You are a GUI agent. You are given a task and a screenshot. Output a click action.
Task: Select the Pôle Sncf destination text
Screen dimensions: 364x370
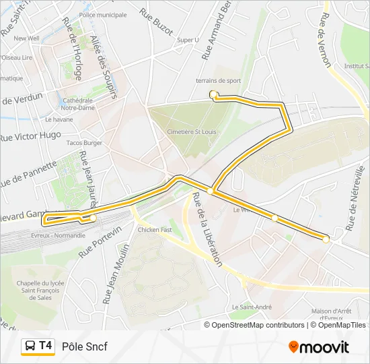tap(84, 346)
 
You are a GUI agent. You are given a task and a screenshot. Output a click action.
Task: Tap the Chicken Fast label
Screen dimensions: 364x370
tap(155, 230)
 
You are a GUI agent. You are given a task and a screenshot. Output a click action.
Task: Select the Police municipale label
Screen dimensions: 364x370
tap(102, 14)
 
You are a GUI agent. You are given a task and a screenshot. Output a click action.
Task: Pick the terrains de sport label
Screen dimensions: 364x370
tap(218, 81)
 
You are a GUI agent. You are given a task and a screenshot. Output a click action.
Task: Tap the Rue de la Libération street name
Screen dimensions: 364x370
tap(207, 230)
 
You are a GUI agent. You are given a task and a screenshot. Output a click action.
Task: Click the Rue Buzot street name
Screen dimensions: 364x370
tap(156, 21)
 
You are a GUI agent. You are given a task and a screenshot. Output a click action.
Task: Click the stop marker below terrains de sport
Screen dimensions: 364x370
tap(213, 94)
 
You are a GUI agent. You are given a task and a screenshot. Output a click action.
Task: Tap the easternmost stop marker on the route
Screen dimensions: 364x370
tap(326, 239)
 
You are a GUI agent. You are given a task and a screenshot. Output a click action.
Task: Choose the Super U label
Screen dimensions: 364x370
tap(188, 40)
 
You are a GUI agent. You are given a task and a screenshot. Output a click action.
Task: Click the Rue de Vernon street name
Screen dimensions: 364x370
tap(326, 42)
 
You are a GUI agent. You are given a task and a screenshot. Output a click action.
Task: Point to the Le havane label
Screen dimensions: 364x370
tap(59, 119)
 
